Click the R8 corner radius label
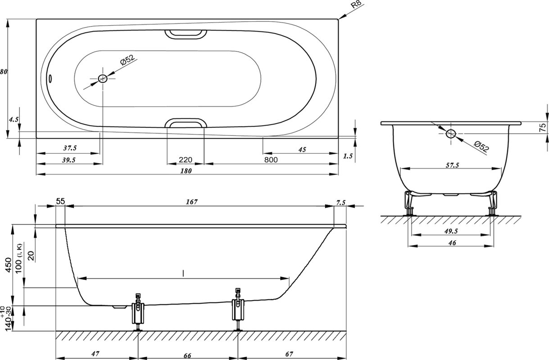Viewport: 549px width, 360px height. point(356,4)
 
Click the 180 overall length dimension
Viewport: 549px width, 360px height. point(186,171)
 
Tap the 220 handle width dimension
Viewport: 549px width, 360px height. point(185,160)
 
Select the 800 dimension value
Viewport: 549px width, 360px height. point(271,160)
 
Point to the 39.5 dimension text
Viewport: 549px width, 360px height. point(69,160)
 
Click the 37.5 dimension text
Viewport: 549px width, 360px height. point(70,148)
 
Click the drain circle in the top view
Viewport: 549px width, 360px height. point(102,79)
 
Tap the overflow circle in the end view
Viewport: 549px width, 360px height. point(450,134)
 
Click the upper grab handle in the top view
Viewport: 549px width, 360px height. point(186,34)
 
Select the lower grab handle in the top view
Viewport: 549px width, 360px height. point(186,123)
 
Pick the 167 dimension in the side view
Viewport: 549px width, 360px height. point(191,202)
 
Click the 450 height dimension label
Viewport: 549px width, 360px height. point(9,265)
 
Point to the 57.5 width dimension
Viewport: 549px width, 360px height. point(452,165)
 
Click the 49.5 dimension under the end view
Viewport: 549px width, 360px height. point(451,231)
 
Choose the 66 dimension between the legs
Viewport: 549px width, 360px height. point(187,355)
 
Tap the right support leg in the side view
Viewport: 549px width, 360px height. point(238,309)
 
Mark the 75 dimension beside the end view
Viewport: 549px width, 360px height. point(543,127)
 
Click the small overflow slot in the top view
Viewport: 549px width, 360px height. point(50,78)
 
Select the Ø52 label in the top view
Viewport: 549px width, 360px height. point(128,60)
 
